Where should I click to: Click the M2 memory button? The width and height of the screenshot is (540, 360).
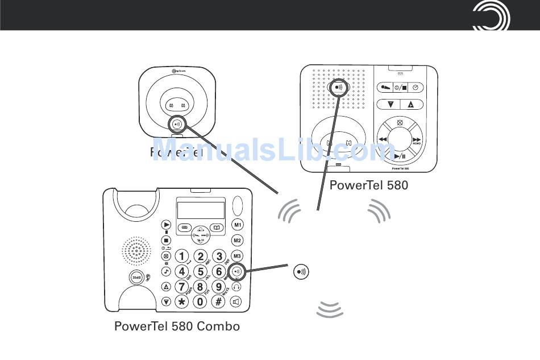click(x=238, y=240)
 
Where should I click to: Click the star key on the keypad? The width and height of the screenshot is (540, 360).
click(x=181, y=302)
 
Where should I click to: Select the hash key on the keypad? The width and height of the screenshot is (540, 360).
click(x=219, y=302)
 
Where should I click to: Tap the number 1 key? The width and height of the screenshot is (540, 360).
click(x=181, y=256)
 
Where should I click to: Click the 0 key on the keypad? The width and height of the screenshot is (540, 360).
click(x=200, y=302)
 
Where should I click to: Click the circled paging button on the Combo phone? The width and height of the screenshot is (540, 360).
click(x=238, y=271)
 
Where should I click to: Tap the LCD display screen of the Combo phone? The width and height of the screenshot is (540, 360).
click(x=201, y=210)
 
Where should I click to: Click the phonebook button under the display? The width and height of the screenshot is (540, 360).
click(x=216, y=227)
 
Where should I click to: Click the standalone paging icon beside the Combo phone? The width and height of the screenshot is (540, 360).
click(x=301, y=271)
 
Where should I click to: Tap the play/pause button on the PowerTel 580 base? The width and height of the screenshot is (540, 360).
click(x=399, y=156)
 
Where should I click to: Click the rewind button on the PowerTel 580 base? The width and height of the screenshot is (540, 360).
click(x=383, y=139)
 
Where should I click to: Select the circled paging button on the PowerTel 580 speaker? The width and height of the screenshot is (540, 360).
click(x=339, y=88)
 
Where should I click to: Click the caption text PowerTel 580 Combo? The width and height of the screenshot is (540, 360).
click(x=177, y=326)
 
